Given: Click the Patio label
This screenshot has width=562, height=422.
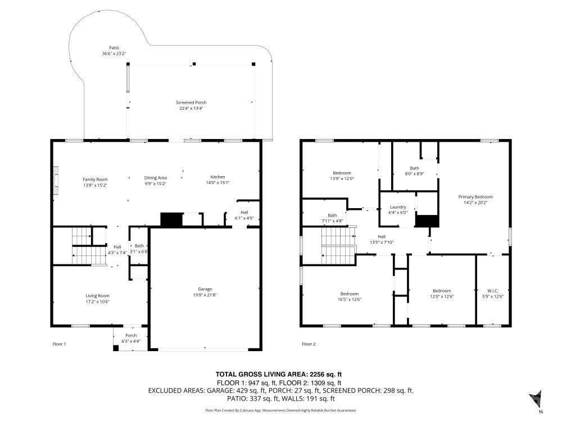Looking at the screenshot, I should coord(114,48).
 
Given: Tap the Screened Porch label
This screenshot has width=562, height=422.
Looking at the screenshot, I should coord(191,102).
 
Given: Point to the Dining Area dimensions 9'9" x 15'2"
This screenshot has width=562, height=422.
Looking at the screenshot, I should coord(156,183).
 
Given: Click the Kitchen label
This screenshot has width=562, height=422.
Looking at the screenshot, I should coord(217,177).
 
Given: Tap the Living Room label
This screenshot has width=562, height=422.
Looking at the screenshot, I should coord(97,295).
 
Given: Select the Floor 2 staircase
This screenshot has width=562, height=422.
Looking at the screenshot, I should coord(338,246).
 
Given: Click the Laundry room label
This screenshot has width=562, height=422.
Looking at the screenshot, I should coord(398,207).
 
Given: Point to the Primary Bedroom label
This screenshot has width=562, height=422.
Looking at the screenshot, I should coord(475,197).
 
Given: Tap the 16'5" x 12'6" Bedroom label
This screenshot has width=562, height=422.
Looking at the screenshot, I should coord(349,294).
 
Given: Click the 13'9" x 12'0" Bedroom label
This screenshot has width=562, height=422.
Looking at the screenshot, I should coord(342,173).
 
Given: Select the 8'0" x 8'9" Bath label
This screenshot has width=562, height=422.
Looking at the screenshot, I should coord(414,168).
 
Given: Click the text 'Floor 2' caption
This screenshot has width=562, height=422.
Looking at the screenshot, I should coord(309,344).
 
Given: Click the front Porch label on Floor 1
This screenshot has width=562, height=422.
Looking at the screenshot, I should coord(131,335).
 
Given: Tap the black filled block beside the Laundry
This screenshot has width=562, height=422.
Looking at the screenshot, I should coord(427,221).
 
